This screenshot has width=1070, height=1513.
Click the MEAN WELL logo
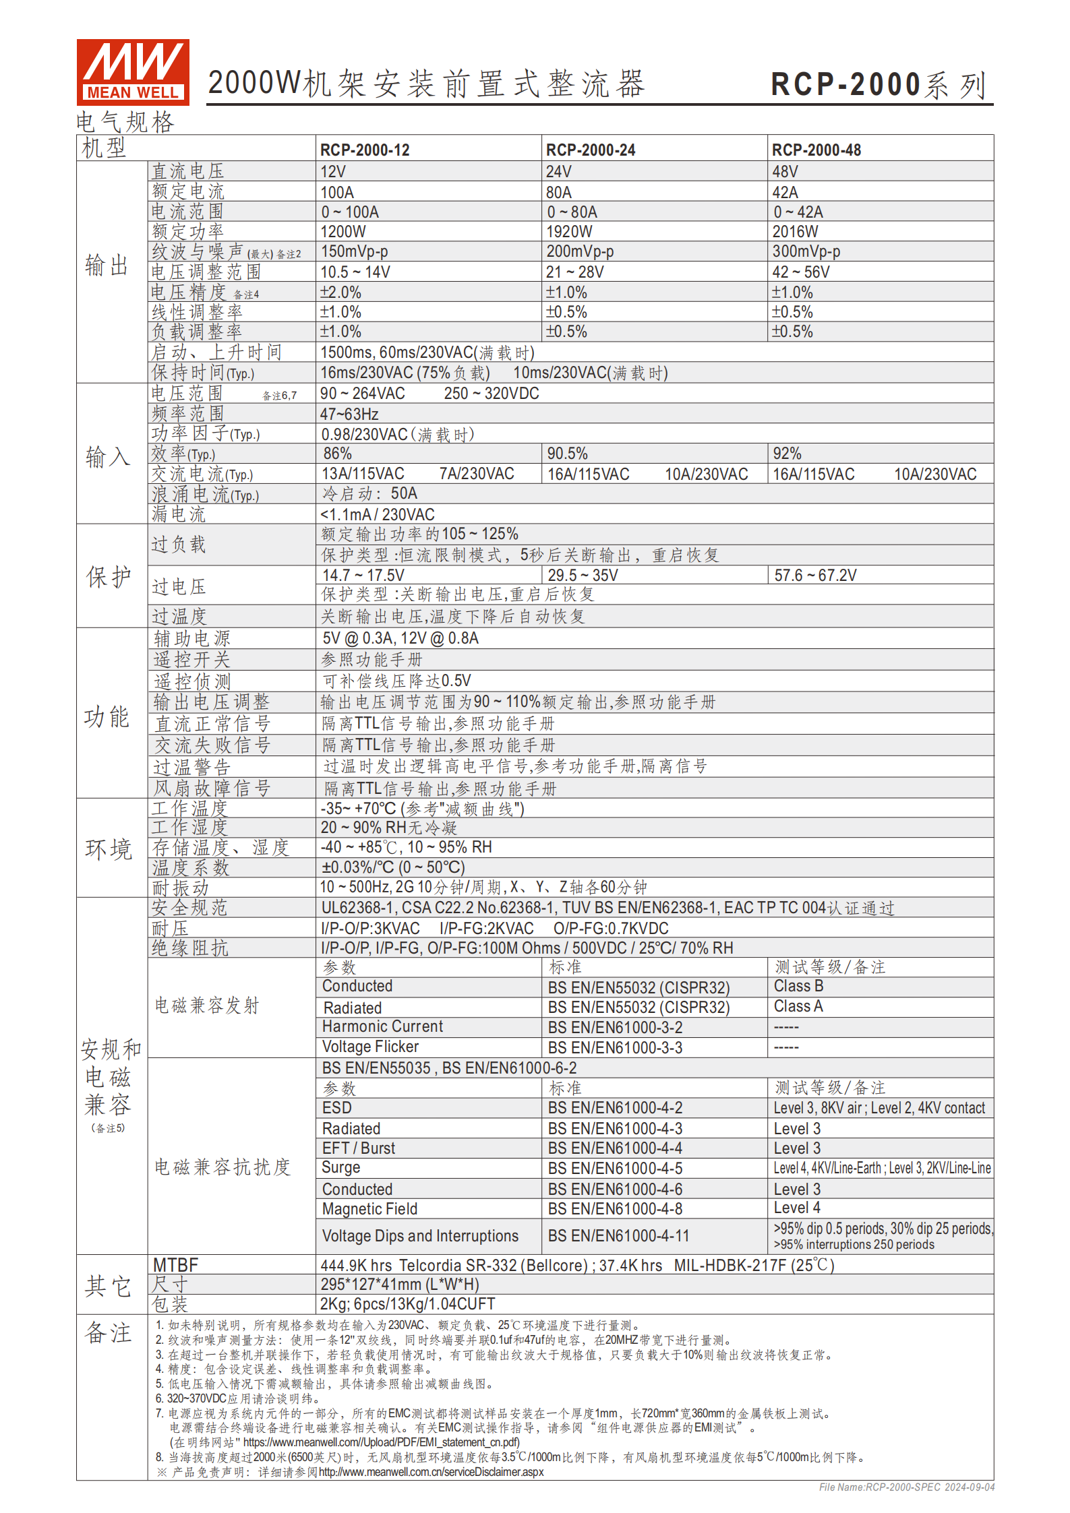(x=133, y=72)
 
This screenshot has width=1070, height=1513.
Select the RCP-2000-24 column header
(x=590, y=150)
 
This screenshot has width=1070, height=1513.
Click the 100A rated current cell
(x=337, y=192)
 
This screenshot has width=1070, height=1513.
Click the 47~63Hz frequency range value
(x=349, y=414)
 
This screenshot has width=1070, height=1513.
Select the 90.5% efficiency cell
(x=567, y=454)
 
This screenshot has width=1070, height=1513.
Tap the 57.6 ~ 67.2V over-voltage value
(x=815, y=575)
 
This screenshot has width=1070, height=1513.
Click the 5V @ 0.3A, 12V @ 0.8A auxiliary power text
(x=400, y=638)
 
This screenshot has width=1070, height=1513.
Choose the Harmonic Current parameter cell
(x=382, y=1026)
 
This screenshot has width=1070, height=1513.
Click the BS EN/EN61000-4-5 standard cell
(x=615, y=1168)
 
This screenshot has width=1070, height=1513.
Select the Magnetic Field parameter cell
(x=369, y=1209)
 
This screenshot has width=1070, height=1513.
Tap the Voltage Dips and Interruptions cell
(x=420, y=1236)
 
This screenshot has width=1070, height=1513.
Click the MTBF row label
(x=175, y=1265)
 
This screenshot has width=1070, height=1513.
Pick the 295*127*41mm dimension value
(x=400, y=1285)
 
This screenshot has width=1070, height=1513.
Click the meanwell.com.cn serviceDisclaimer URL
(x=431, y=1472)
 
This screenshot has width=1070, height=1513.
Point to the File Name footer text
(x=906, y=1487)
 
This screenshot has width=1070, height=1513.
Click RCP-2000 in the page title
(x=845, y=86)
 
